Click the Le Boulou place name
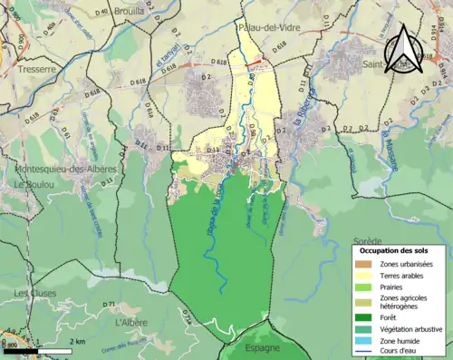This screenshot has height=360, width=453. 30,186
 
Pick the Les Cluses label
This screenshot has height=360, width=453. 34,293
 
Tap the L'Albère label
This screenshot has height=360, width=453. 131,322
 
